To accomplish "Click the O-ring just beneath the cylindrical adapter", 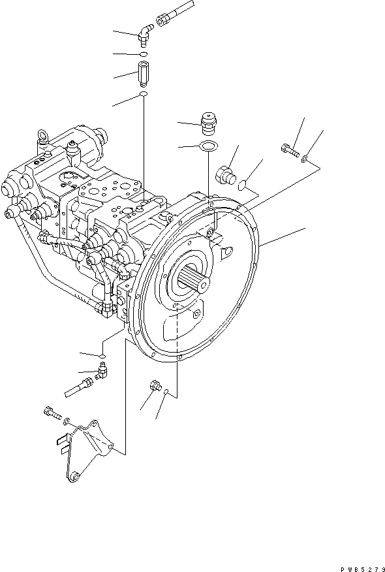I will coord(143,95).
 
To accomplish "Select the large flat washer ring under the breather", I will coord(208,146).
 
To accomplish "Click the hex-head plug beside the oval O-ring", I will coord(225,174).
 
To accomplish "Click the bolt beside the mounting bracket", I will coord(51,412).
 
